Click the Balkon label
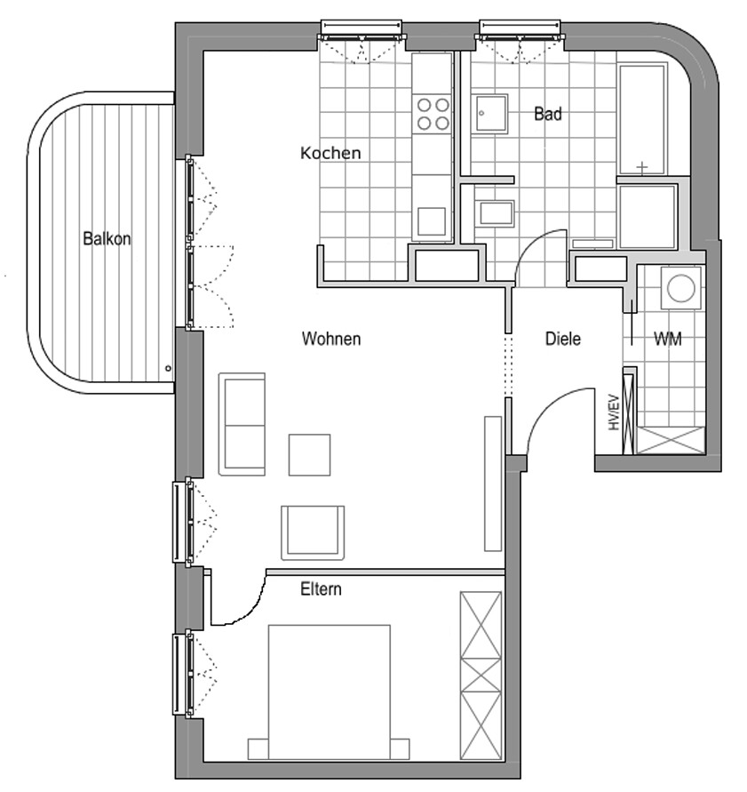(107, 238)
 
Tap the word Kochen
(330, 153)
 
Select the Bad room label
(548, 114)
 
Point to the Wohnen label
(331, 339)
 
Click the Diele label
(563, 339)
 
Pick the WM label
(667, 339)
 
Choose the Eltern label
(321, 589)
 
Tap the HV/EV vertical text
(614, 412)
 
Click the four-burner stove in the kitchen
(433, 114)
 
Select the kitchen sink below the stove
(432, 221)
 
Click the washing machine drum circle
(681, 287)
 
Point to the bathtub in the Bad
(642, 120)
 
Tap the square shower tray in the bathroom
(490, 113)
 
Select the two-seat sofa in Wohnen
(242, 424)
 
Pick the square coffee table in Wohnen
(309, 454)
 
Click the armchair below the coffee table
(313, 532)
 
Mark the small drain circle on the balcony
(168, 369)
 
